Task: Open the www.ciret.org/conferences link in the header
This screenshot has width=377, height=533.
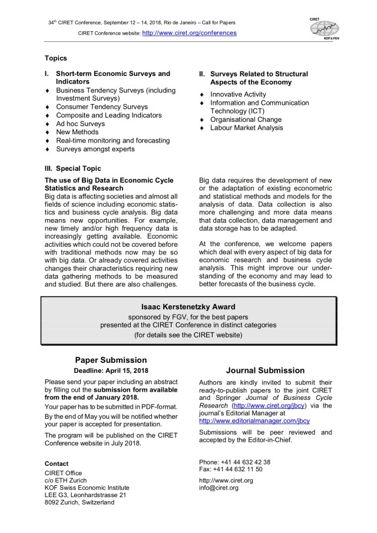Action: click(x=190, y=33)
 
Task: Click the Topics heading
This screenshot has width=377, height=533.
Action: click(x=56, y=58)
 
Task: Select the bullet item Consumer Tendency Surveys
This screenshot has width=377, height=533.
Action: click(x=102, y=107)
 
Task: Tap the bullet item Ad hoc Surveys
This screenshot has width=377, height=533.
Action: click(x=81, y=124)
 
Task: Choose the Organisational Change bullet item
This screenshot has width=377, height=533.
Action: click(x=246, y=120)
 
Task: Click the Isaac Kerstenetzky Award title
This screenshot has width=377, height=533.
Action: click(x=188, y=307)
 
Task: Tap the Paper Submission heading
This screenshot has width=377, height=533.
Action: click(x=111, y=360)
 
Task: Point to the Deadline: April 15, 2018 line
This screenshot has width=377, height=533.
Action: click(x=111, y=370)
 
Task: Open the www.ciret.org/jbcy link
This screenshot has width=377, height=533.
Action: click(x=270, y=405)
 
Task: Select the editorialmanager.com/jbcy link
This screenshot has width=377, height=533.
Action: click(x=254, y=421)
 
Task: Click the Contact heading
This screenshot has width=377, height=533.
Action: click(x=57, y=464)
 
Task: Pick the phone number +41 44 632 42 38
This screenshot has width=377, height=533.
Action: click(x=243, y=462)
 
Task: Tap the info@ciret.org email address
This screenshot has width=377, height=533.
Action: click(x=219, y=488)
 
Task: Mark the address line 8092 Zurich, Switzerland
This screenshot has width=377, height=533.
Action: click(x=81, y=502)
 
